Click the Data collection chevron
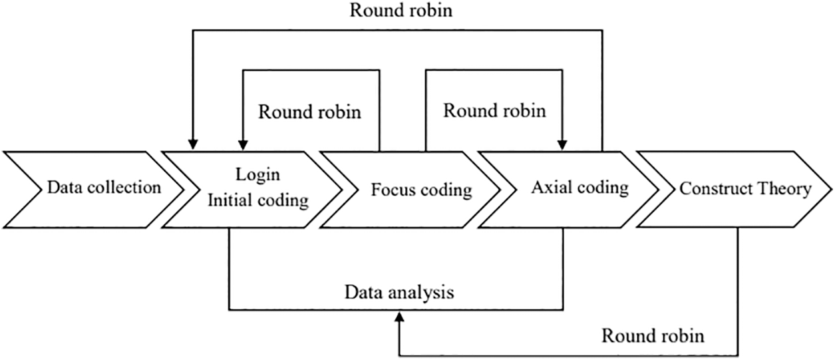[x=93, y=190]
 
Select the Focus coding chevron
[x=410, y=190]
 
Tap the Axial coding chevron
[x=568, y=190]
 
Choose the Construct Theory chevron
[x=735, y=189]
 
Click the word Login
[x=257, y=175]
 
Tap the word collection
[x=124, y=188]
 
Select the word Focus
[x=394, y=190]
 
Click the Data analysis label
[x=399, y=293]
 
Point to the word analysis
[x=421, y=293]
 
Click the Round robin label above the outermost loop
[x=401, y=11]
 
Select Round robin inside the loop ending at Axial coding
[x=494, y=110]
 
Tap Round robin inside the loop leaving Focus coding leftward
[x=310, y=112]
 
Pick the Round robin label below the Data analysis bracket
[x=653, y=336]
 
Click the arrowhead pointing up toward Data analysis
[x=399, y=317]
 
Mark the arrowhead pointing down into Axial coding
[x=562, y=145]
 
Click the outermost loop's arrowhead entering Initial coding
[x=193, y=144]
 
